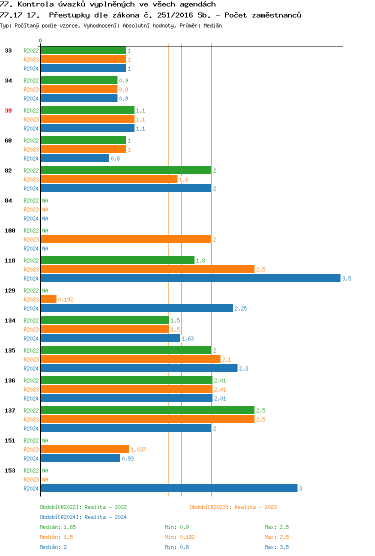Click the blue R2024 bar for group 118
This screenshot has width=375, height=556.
190,278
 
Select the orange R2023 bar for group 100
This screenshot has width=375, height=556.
125,239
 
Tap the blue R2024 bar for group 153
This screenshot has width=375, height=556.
168,488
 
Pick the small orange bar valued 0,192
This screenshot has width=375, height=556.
48,299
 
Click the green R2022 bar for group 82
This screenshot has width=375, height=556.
125,170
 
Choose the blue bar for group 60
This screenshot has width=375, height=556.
74,158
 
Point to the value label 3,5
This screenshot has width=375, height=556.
346,278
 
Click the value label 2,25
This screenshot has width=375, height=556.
240,308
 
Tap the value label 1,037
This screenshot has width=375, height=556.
138,449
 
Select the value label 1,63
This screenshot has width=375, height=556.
187,338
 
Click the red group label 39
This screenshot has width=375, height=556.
8,110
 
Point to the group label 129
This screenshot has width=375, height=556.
10,290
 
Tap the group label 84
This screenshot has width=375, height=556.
8,200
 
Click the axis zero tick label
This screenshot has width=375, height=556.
40,40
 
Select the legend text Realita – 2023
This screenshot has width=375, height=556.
255,507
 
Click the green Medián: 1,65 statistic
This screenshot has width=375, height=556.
57,527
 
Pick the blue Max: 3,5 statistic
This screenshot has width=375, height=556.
276,547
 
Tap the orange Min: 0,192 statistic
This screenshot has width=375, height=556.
179,537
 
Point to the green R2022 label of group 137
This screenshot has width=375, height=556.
31,410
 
